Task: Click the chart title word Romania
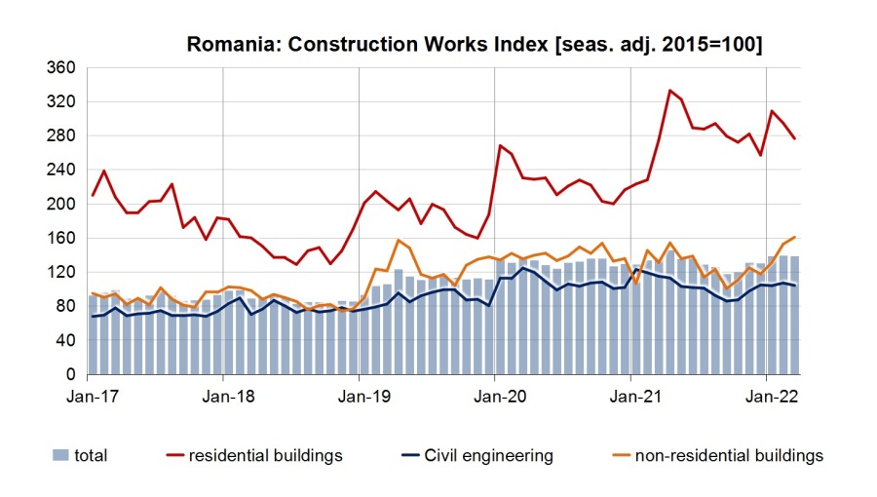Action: tap(225, 45)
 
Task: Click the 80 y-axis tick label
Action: tap(65, 307)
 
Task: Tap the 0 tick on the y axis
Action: tap(70, 375)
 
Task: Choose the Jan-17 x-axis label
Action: tap(88, 397)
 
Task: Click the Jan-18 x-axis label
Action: tap(224, 397)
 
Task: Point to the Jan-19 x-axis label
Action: tap(360, 397)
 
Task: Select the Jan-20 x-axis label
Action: tap(495, 397)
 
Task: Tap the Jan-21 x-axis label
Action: tap(631, 397)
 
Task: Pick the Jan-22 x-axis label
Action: tap(767, 397)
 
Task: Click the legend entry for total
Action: tap(91, 455)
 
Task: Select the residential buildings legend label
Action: tap(265, 455)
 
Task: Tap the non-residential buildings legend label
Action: tap(729, 455)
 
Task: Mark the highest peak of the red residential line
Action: tap(669, 91)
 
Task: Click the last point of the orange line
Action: tap(795, 237)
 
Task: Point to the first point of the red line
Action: tap(93, 196)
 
